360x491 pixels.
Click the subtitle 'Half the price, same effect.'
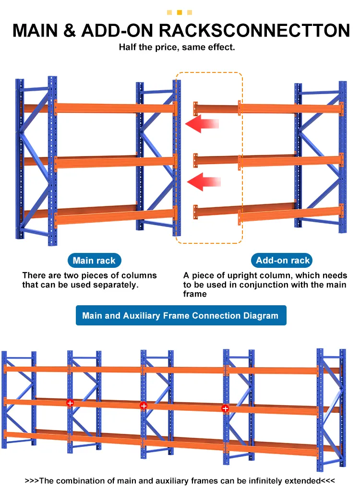(x=177, y=48)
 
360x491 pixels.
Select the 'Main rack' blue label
(x=94, y=261)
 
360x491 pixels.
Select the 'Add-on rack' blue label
(x=283, y=261)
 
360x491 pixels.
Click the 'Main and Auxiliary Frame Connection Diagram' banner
(x=180, y=315)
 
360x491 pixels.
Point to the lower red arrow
(x=204, y=182)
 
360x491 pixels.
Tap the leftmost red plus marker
(x=70, y=403)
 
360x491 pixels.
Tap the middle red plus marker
(x=143, y=406)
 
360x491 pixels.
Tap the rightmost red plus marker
(x=225, y=408)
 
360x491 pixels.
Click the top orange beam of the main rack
(x=115, y=108)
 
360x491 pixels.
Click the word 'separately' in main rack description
(x=118, y=285)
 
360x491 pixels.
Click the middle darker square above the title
(x=180, y=12)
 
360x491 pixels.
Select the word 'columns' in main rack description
(x=140, y=275)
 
